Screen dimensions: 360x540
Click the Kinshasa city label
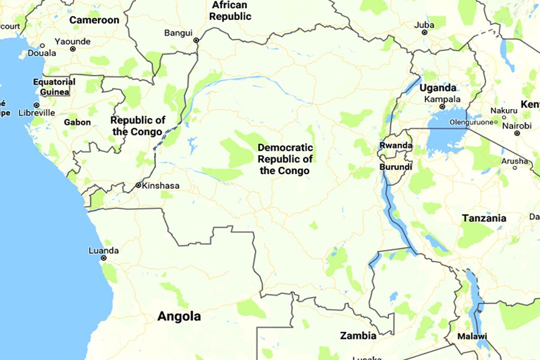[161, 185]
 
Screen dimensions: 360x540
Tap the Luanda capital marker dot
[104, 258]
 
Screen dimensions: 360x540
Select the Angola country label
[179, 316]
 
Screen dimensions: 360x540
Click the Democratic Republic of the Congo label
[285, 159]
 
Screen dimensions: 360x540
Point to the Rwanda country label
[396, 146]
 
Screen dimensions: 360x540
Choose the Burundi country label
[395, 167]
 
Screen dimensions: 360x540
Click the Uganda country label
[438, 88]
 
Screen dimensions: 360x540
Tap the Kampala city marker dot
[442, 107]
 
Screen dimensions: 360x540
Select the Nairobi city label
[517, 125]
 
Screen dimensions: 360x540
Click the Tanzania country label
[484, 218]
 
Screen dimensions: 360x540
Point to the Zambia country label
[358, 335]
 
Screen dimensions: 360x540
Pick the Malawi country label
[472, 336]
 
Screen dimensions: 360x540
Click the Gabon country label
[77, 122]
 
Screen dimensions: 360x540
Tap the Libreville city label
[37, 112]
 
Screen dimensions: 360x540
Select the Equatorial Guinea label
[54, 86]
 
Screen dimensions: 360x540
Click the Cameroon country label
[94, 20]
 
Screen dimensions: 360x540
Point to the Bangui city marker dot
[196, 40]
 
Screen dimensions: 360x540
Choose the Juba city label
[424, 25]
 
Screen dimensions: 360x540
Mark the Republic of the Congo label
[137, 126]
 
